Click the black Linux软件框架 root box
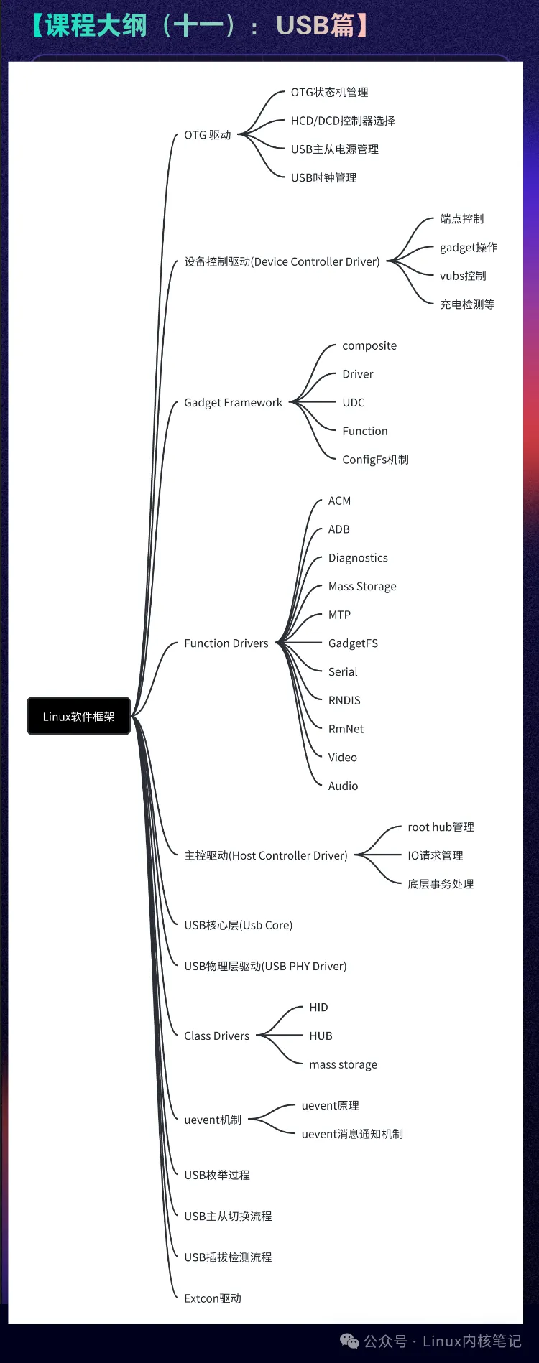[78, 716]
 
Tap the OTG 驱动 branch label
[207, 135]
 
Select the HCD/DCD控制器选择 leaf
[342, 121]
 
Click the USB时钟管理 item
[323, 177]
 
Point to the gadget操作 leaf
[468, 247]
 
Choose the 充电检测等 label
[467, 304]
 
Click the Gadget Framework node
[233, 403]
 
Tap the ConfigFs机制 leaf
[375, 460]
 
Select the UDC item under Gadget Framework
[353, 403]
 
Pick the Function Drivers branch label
[226, 643]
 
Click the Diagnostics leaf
[358, 558]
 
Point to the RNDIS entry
[344, 700]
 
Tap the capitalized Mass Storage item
[362, 587]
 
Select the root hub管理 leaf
[441, 827]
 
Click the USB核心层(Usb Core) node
[238, 925]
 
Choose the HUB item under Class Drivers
[321, 1036]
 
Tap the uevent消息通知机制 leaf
[352, 1134]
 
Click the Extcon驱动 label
[212, 1298]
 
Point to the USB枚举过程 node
[217, 1175]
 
